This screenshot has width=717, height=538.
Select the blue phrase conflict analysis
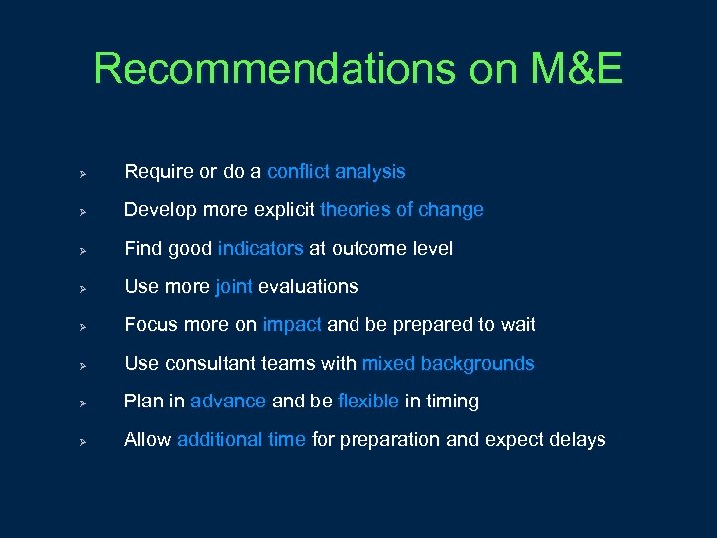tap(336, 172)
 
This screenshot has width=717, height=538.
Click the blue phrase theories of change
tap(401, 210)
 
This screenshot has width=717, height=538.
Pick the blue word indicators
tap(261, 248)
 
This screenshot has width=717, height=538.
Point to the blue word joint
tap(233, 287)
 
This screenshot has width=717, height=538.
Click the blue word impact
tap(292, 325)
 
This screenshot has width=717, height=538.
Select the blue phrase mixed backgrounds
tap(448, 364)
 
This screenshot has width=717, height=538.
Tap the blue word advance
tap(228, 402)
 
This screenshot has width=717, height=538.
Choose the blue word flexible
tap(368, 402)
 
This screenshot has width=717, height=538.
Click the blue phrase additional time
tap(241, 440)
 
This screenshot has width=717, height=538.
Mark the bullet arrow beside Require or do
tap(86, 173)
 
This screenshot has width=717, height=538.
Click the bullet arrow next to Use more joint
tap(86, 288)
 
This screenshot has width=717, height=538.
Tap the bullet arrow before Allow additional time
tap(86, 441)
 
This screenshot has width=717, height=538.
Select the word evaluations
tap(308, 287)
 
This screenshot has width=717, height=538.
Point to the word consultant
tap(203, 364)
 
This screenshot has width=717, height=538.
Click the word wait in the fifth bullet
tap(518, 325)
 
